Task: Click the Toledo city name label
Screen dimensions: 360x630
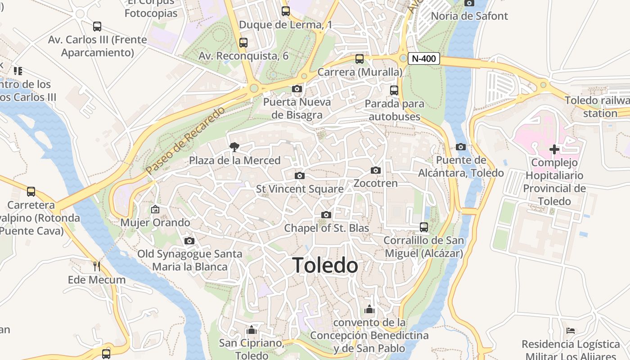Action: pos(325,265)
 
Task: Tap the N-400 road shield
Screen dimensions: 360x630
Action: pos(424,58)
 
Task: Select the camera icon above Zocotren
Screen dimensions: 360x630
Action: pos(376,170)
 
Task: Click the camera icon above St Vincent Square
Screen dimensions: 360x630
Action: pos(300,175)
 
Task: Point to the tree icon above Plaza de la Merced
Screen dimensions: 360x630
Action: pos(234,147)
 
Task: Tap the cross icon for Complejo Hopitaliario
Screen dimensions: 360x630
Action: pos(554,149)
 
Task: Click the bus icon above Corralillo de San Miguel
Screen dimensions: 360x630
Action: pos(423,227)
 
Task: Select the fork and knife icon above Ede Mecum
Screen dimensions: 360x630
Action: pos(96,266)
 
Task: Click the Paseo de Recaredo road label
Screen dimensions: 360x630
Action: pos(185,140)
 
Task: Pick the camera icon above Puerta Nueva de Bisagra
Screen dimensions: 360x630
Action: pos(297,89)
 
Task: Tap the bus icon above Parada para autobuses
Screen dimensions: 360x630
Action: pos(394,90)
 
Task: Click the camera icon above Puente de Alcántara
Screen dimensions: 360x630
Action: pos(461,147)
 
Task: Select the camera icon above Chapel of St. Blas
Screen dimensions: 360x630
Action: pos(326,215)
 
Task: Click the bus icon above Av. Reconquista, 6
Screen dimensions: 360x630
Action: pos(243,43)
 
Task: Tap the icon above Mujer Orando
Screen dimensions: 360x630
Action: pos(155,209)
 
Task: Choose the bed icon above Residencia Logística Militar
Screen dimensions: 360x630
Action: pos(571,331)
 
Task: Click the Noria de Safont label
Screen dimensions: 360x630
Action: pos(469,16)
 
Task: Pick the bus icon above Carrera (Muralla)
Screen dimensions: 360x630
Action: pos(360,58)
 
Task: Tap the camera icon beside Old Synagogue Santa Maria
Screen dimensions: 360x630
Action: pos(189,241)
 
